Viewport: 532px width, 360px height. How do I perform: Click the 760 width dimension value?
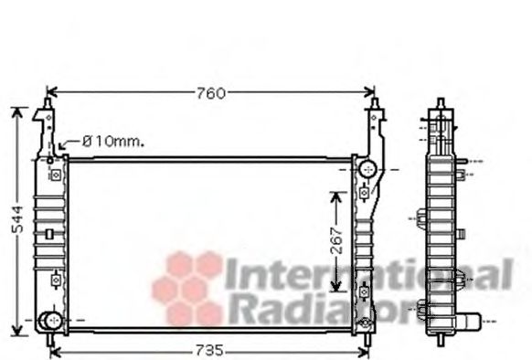point(210,92)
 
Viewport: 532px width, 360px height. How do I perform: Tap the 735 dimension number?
point(210,351)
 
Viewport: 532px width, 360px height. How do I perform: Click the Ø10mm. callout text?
point(113,142)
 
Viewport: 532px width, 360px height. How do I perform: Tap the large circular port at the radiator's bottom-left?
point(49,321)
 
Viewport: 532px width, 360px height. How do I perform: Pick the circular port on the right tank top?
point(367,169)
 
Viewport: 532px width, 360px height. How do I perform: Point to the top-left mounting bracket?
point(44,128)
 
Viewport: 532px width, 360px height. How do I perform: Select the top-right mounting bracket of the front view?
point(374,128)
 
